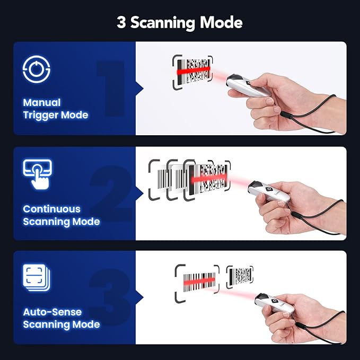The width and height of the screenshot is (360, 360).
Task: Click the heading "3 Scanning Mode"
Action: [180, 23]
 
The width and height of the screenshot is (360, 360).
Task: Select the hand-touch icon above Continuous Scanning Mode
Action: [37, 174]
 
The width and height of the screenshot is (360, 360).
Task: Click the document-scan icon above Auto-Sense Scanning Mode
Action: [37, 278]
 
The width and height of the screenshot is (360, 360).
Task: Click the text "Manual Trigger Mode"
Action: [56, 109]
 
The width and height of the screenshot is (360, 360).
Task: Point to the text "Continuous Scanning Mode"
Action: [61, 215]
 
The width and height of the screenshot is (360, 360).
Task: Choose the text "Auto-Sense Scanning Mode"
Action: [61, 318]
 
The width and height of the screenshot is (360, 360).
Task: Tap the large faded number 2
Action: [111, 193]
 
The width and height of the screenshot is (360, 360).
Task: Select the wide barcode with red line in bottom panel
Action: [197, 279]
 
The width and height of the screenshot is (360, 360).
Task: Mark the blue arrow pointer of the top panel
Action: [140, 88]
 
